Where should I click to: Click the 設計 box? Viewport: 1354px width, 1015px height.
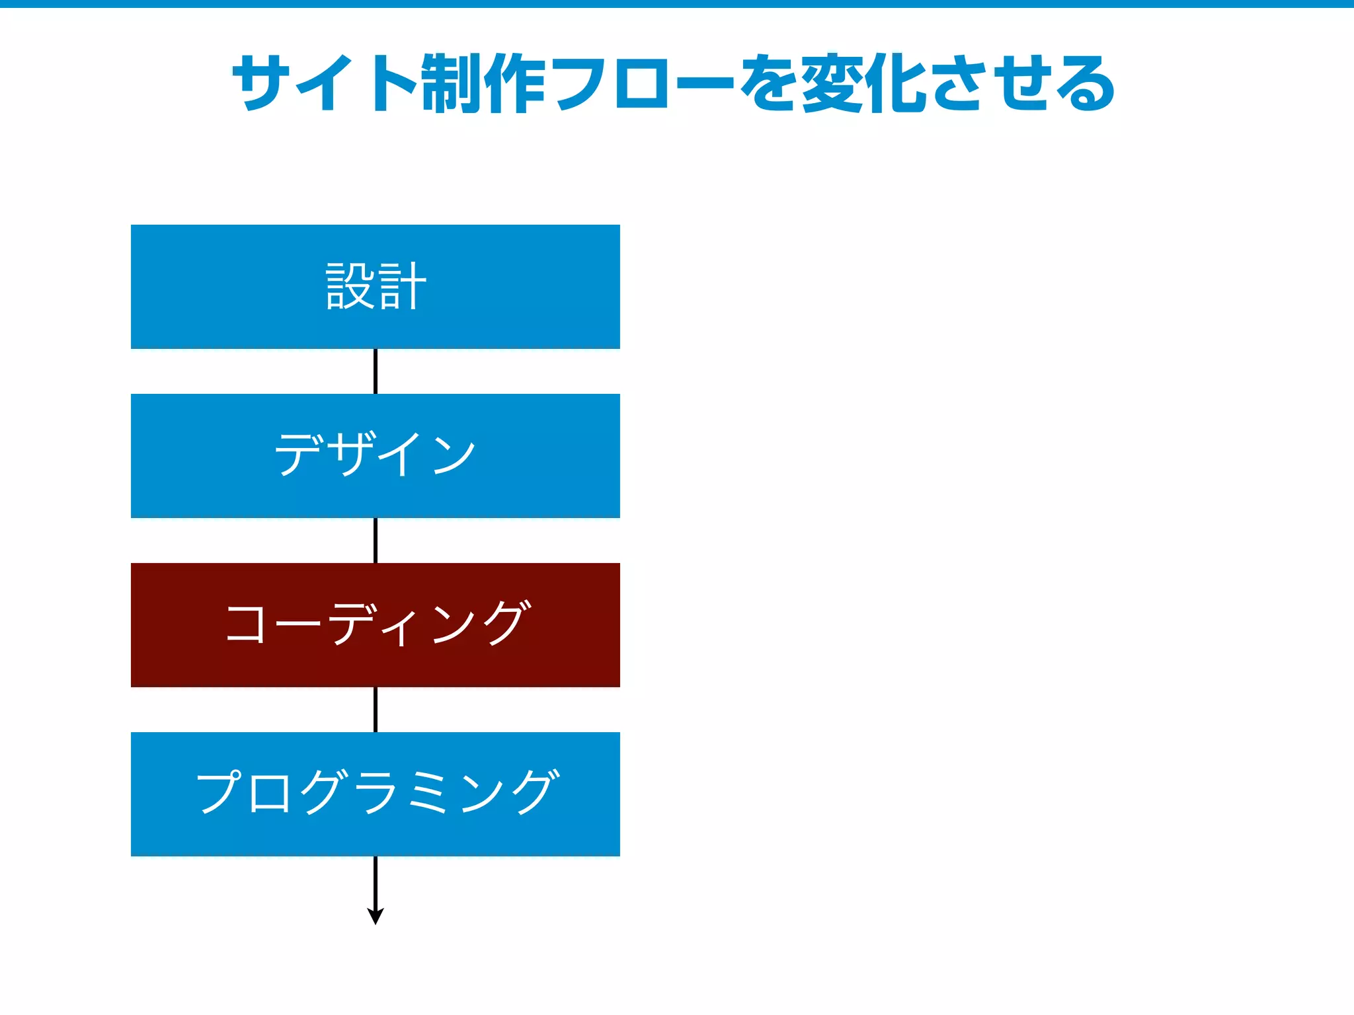click(x=375, y=286)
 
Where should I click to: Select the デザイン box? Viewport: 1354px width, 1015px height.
click(x=375, y=455)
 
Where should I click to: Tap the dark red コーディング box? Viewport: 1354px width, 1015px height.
click(x=375, y=624)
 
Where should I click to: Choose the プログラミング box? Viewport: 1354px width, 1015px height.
click(x=375, y=794)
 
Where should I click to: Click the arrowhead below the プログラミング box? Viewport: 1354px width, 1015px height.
click(x=376, y=916)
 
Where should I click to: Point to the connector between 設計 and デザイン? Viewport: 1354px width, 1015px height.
click(x=376, y=371)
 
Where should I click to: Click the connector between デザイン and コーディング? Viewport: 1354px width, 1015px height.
click(x=376, y=541)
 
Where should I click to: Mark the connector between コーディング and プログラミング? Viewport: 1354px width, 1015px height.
click(x=376, y=710)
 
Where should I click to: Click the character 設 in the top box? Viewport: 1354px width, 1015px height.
click(x=350, y=286)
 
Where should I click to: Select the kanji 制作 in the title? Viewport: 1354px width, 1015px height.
click(x=483, y=84)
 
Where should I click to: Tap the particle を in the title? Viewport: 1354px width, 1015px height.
click(x=769, y=84)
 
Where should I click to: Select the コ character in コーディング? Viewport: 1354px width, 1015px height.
click(x=245, y=623)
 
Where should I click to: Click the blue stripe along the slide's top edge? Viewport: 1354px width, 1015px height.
click(x=677, y=4)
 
